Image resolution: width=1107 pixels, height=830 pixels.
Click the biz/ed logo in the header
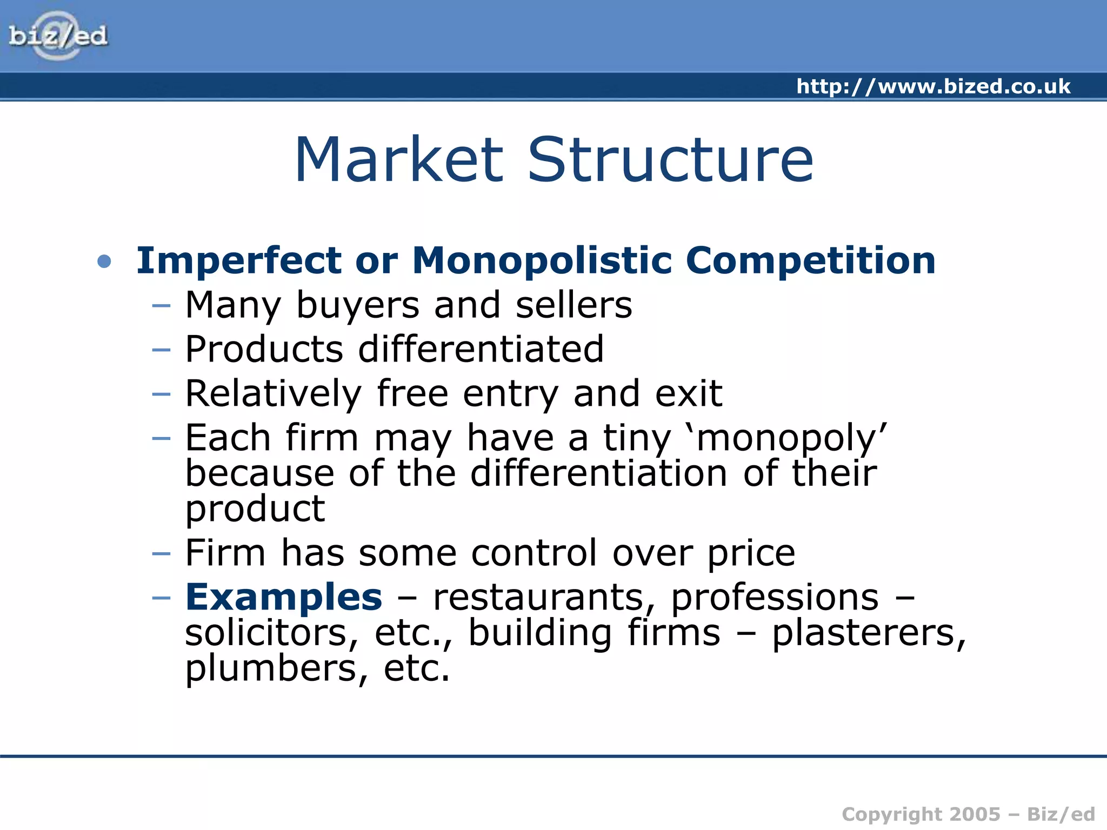(x=58, y=36)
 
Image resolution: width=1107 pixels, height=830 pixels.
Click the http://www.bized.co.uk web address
(x=933, y=86)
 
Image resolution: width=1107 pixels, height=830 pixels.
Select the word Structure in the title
(x=670, y=160)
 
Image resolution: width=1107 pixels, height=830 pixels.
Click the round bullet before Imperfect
(x=104, y=262)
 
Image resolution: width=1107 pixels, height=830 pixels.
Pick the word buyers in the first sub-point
(x=358, y=305)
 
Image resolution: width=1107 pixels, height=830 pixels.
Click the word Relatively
(x=274, y=393)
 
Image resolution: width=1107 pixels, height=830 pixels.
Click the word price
(x=751, y=553)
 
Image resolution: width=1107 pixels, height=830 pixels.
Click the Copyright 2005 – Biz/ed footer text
(x=968, y=814)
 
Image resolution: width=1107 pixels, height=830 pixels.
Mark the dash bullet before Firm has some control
(x=161, y=553)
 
